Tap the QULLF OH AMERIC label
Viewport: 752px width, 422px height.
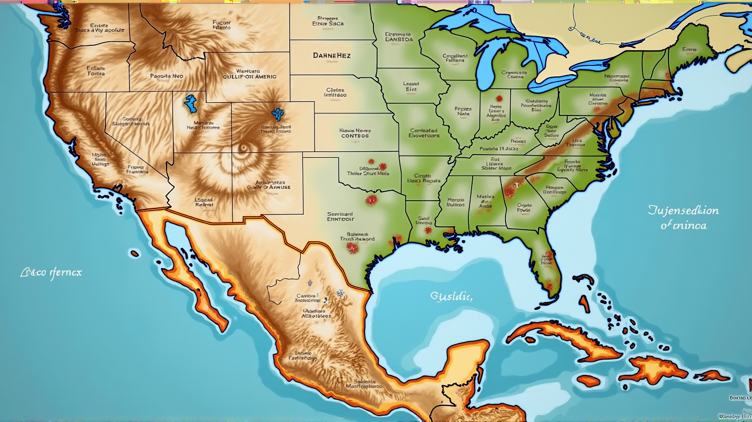(x=250, y=76)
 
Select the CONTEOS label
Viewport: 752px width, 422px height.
(x=355, y=136)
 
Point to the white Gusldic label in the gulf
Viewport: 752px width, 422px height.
(x=451, y=297)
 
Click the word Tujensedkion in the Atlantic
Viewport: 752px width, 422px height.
(x=683, y=210)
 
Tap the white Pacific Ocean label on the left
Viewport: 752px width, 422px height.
(x=51, y=273)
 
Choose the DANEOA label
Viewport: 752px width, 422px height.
(x=399, y=39)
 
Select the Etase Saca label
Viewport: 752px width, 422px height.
(x=328, y=24)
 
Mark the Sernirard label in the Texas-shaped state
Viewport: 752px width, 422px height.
(x=340, y=214)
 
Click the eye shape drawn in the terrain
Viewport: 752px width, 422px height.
(x=242, y=149)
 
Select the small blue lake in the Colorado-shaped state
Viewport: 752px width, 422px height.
(x=277, y=112)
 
